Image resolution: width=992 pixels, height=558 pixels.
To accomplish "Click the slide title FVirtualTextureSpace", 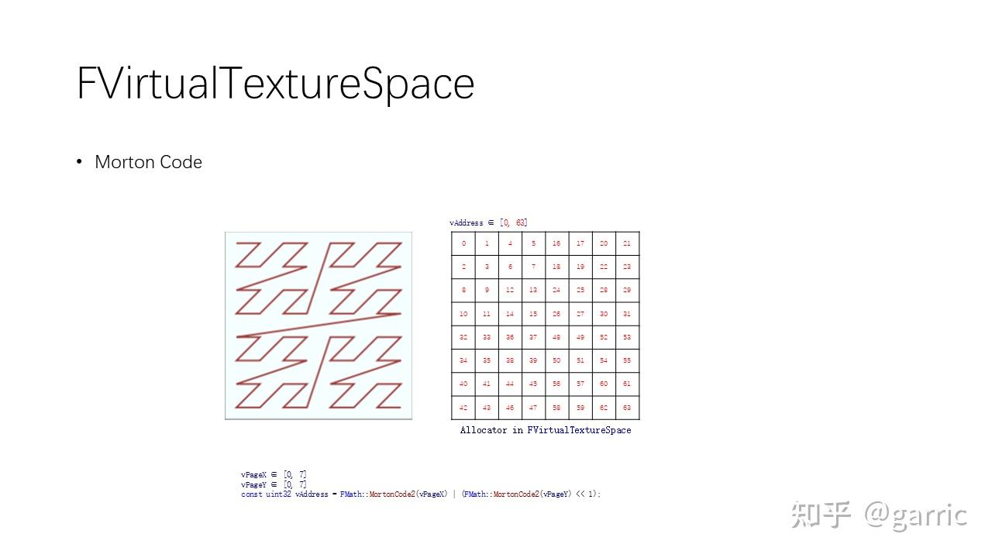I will point(275,83).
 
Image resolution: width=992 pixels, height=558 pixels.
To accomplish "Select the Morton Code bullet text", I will point(148,162).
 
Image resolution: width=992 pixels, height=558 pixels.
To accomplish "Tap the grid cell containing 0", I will point(463,243).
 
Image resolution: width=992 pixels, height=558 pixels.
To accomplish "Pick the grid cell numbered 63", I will point(627,408).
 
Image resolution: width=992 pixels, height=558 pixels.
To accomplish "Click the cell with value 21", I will point(627,243).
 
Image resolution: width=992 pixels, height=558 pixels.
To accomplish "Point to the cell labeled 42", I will point(463,408).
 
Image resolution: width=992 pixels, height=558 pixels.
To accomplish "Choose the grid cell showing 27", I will point(580,314).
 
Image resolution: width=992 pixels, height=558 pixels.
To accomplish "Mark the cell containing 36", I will point(510,337).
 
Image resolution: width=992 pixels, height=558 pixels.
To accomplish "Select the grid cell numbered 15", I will point(533,314).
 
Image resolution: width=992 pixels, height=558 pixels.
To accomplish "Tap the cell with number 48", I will point(556,337).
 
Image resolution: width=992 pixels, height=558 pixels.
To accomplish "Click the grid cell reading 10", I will point(463,314).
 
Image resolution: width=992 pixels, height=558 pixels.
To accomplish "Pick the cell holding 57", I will point(580,384).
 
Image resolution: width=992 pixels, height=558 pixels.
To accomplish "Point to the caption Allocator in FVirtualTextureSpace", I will point(546,430).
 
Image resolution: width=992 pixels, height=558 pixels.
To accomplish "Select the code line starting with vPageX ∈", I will point(274,474).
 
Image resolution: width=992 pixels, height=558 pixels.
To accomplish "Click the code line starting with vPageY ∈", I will point(274,484).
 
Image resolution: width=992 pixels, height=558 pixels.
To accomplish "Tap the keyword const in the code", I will point(252,494).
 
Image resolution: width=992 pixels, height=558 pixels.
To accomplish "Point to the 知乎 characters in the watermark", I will point(821,515).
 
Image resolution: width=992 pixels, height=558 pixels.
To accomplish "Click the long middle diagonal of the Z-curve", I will point(319,325).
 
